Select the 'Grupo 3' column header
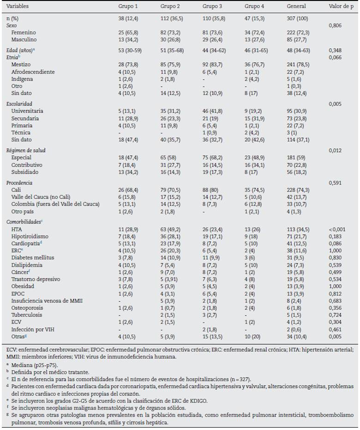click(211, 6)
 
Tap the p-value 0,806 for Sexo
click(335, 26)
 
